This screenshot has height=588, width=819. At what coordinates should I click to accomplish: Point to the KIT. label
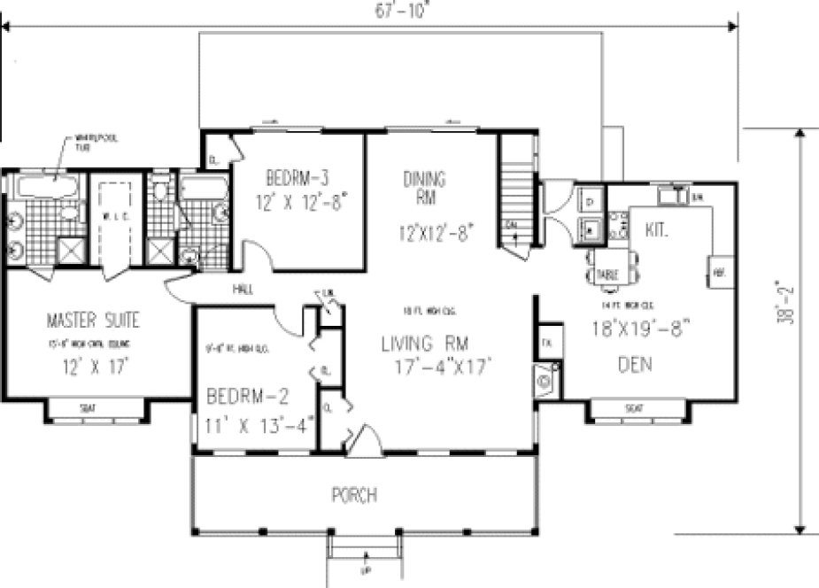point(656,229)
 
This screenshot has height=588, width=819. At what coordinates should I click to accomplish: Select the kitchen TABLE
point(607,274)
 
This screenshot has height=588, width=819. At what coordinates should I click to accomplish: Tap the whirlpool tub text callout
point(92,141)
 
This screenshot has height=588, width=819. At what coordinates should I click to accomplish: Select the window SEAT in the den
point(633,408)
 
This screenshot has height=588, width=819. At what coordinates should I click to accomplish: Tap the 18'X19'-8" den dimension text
point(639,327)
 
